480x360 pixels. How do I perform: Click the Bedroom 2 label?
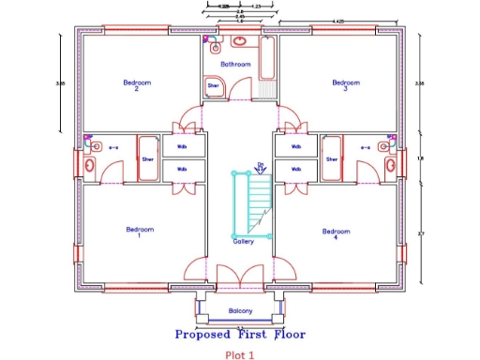coord(137,85)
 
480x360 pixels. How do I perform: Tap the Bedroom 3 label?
coord(346,85)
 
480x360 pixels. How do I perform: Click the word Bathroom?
coord(235,65)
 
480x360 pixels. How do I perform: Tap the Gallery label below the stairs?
coord(244,241)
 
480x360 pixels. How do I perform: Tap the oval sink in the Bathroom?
coord(241,42)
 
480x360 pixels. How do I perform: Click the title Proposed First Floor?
coord(240,334)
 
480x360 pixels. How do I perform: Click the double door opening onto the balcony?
coord(240,278)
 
